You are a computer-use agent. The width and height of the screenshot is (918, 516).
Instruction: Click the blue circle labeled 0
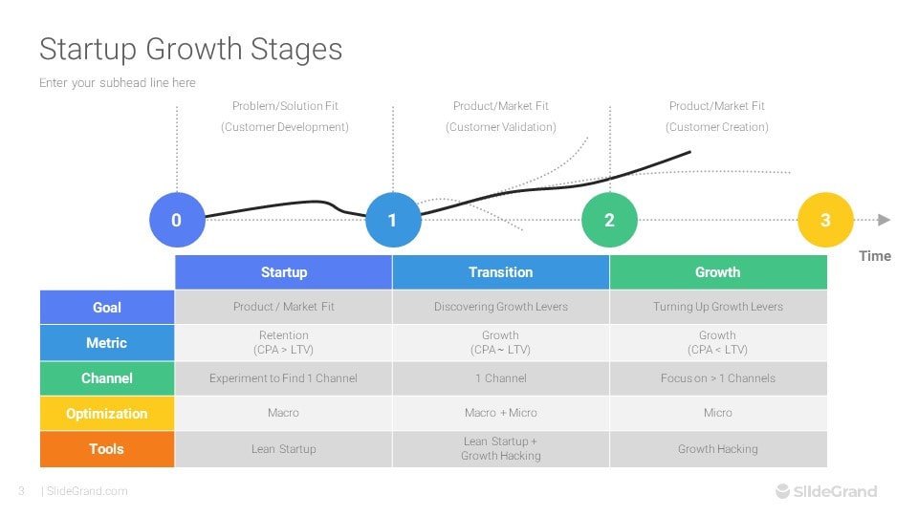click(x=176, y=220)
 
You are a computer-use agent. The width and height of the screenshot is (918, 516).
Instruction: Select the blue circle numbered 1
click(x=392, y=220)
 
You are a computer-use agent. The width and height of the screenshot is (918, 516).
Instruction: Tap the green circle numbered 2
click(x=609, y=220)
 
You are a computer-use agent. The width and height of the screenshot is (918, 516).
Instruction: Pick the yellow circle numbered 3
click(x=825, y=220)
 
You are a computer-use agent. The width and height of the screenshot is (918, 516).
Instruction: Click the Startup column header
click(x=283, y=272)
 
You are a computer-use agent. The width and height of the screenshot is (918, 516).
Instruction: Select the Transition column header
click(x=500, y=272)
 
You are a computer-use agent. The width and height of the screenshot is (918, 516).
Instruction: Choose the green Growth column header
click(x=717, y=272)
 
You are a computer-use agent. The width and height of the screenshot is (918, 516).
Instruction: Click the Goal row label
click(x=107, y=308)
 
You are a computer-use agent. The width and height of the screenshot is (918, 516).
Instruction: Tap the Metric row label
click(x=107, y=343)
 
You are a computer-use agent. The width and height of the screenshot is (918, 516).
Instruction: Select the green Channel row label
click(x=107, y=378)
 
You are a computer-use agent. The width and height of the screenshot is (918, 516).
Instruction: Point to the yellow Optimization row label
click(x=107, y=414)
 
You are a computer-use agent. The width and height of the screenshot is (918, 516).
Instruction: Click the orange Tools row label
click(x=107, y=449)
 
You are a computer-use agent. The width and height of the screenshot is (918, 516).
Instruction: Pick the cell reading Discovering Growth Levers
click(x=500, y=307)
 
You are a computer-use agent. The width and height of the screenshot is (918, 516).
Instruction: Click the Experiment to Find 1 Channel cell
click(x=283, y=378)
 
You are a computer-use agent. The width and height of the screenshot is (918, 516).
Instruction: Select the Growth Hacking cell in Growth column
click(x=717, y=449)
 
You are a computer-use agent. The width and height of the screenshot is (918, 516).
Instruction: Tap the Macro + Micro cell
click(x=500, y=413)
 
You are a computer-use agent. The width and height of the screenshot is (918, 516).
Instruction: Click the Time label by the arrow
click(x=874, y=256)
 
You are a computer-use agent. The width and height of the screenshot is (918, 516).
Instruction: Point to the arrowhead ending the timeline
click(x=884, y=220)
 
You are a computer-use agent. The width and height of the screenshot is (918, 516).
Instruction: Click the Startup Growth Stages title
click(x=190, y=49)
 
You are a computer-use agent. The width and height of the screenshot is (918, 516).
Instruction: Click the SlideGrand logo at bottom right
click(x=826, y=491)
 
